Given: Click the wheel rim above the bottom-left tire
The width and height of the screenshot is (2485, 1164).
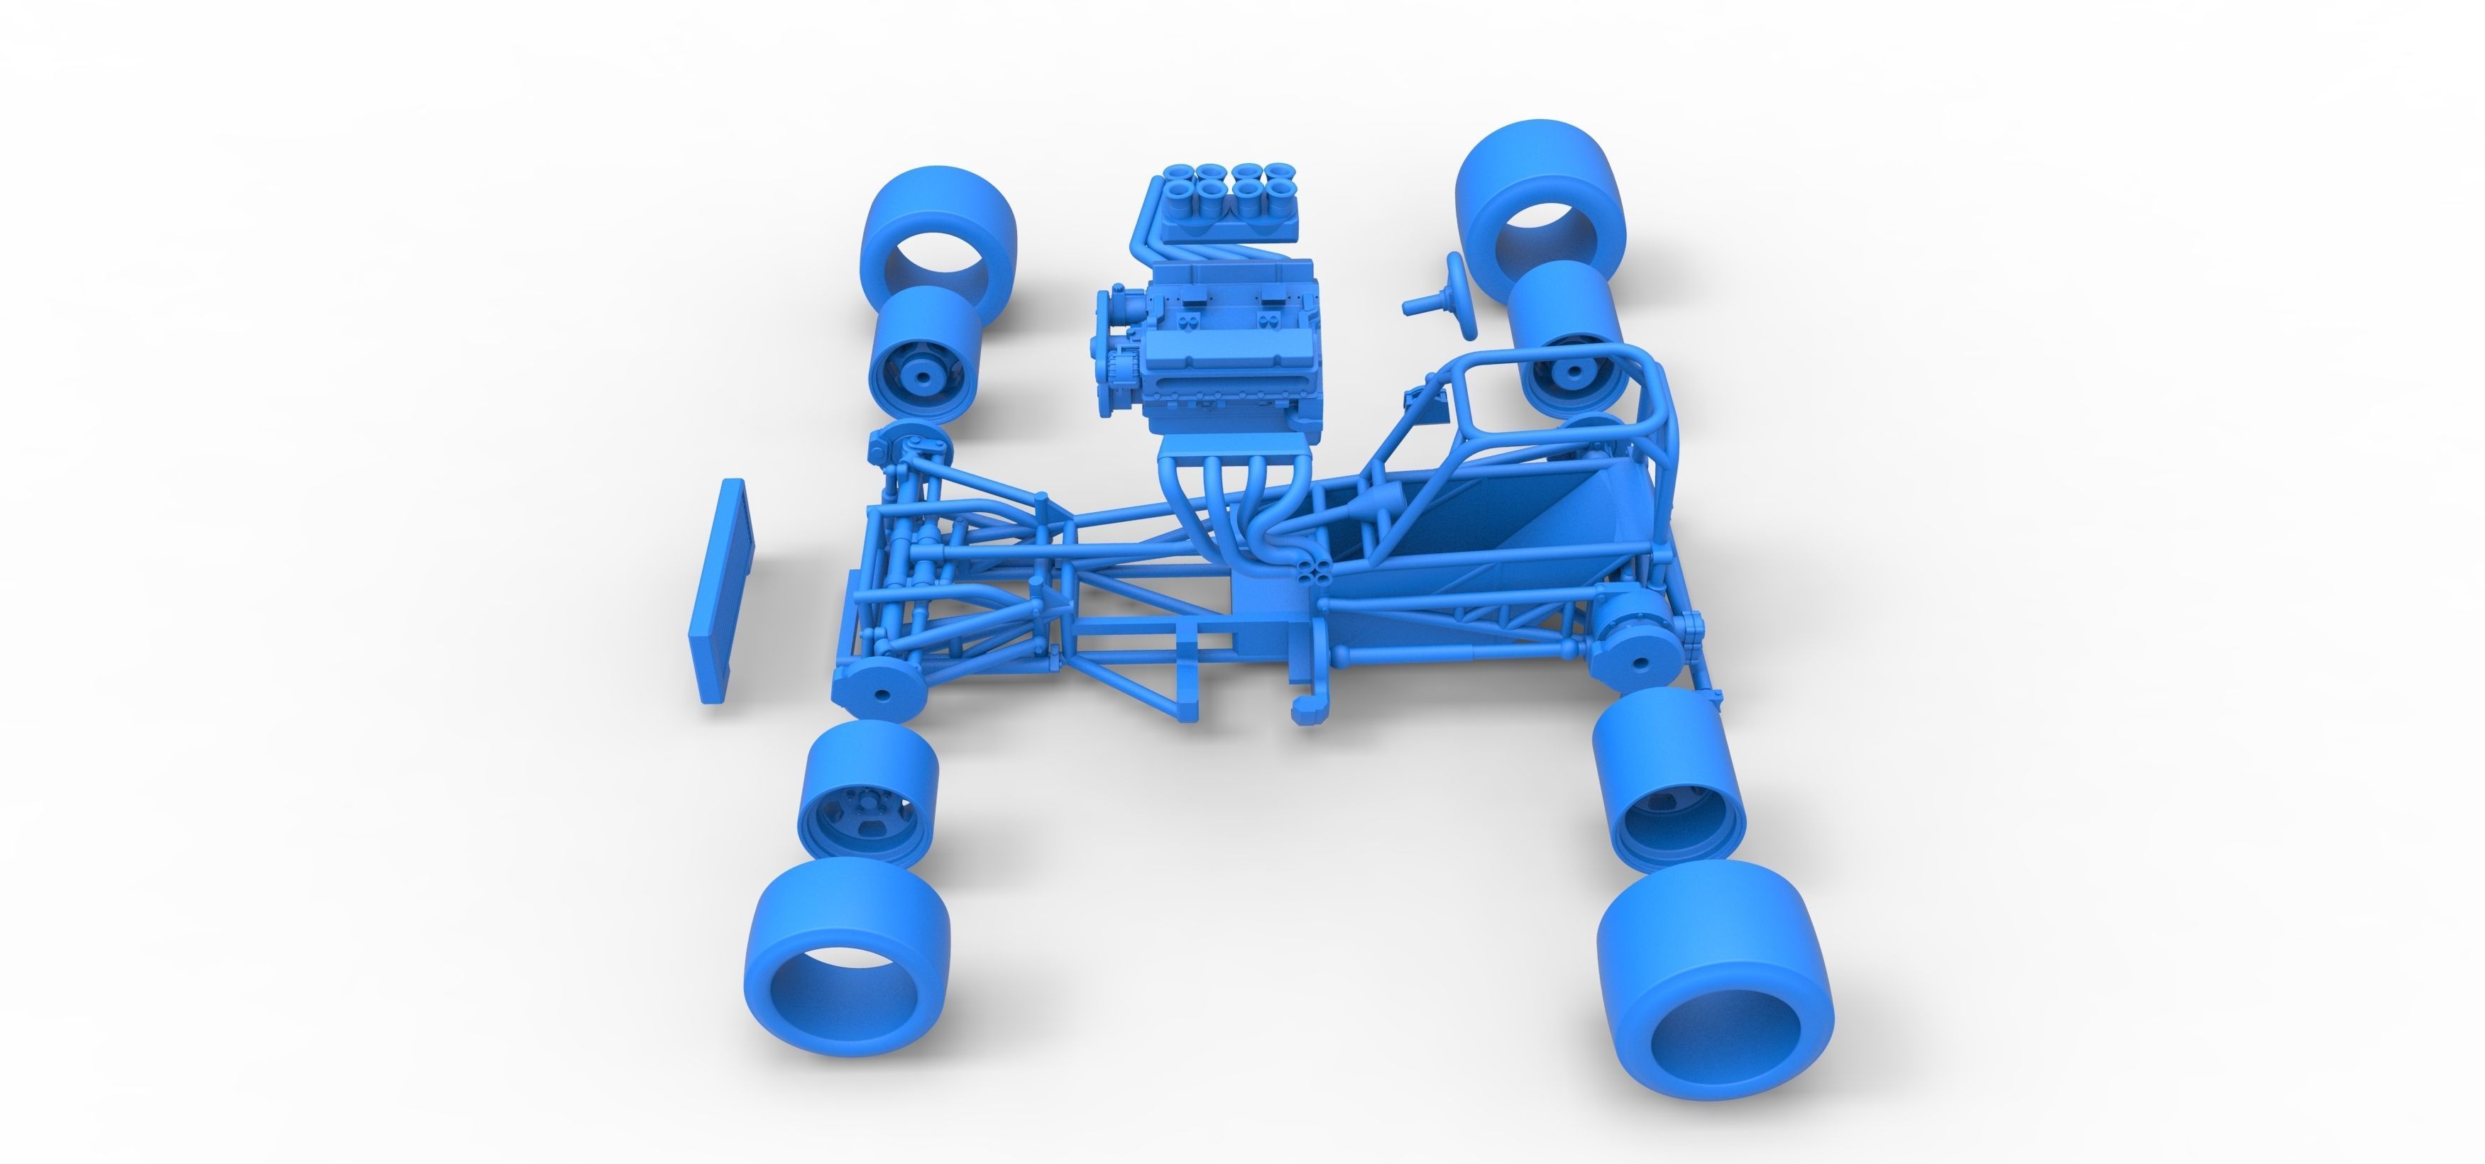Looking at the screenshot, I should [x=865, y=791].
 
